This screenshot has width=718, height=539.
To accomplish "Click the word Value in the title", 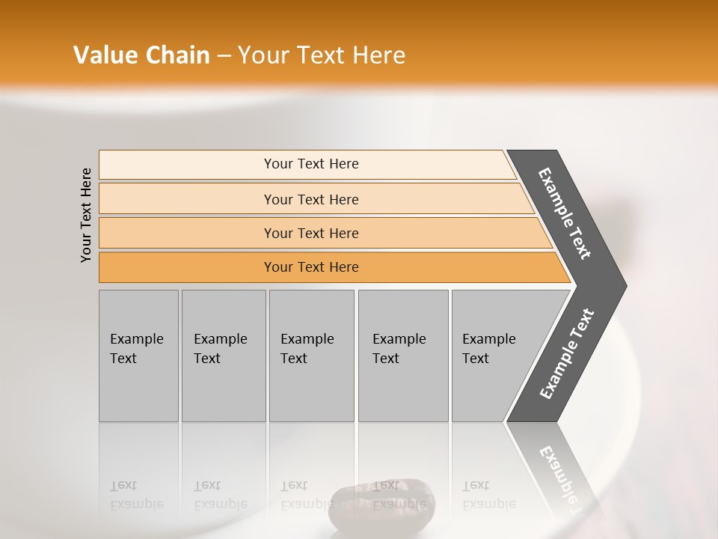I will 104,55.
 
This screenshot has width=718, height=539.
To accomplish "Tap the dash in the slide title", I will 224,56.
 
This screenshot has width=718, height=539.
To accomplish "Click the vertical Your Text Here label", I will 86,215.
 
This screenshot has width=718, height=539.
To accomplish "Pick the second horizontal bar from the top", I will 310,199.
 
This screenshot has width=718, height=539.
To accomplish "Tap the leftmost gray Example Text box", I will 138,356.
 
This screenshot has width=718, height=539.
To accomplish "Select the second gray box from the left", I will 223,356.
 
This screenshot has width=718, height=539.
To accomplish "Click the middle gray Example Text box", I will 311,356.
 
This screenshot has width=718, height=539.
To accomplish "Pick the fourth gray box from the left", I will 402,356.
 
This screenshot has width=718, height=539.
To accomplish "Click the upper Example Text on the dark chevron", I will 565,213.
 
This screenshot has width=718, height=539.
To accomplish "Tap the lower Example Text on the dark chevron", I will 566,354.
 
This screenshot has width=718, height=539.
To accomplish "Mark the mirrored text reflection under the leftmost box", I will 136,495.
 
